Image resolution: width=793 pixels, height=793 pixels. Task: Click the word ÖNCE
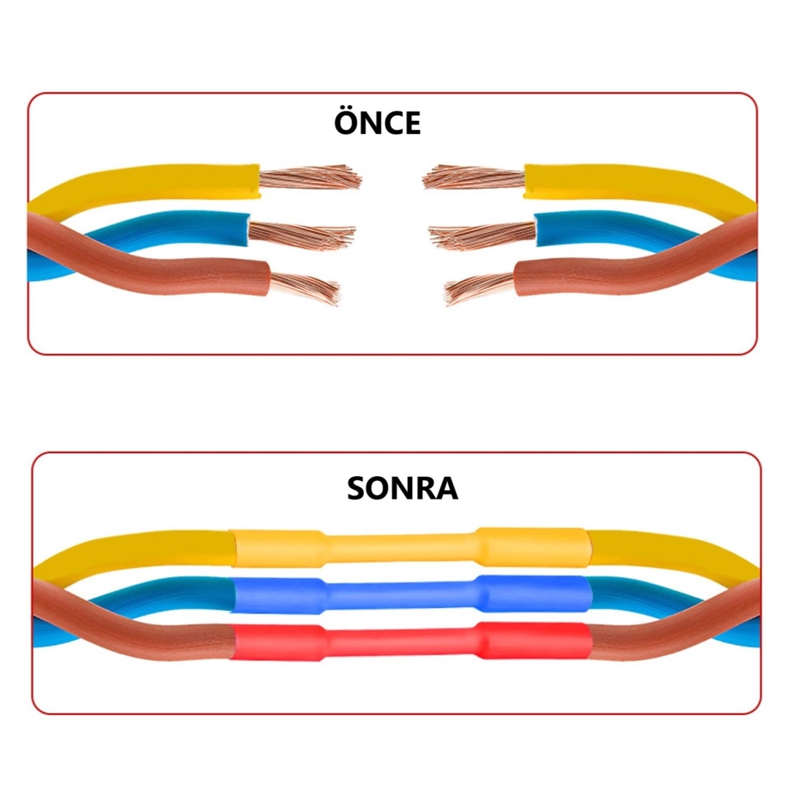[x=377, y=124]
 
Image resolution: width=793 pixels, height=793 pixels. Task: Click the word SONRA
[x=402, y=489]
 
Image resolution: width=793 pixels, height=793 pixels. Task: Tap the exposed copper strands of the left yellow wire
[x=310, y=178]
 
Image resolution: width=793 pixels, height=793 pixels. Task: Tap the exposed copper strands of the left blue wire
[x=302, y=232]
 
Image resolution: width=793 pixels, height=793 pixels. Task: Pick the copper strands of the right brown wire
[x=480, y=288]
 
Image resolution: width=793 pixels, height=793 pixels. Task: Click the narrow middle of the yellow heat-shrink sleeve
[x=400, y=548]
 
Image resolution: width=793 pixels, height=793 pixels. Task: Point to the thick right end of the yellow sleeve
[x=531, y=547]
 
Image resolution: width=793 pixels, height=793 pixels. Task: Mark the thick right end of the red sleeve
[x=534, y=640]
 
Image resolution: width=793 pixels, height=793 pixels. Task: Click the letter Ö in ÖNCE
[x=347, y=123]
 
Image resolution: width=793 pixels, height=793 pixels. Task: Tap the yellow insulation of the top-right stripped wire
[x=620, y=183]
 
